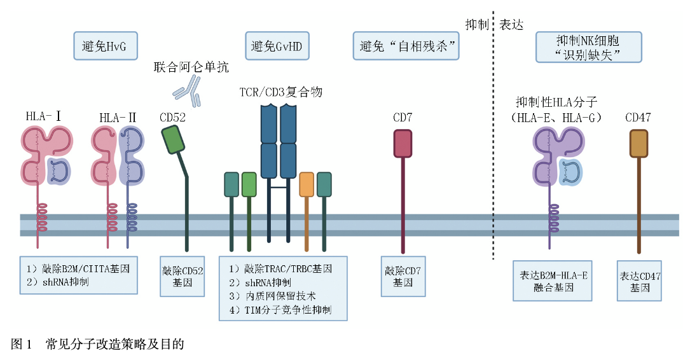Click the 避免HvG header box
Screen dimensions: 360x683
click(106, 46)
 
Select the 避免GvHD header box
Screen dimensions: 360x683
click(277, 46)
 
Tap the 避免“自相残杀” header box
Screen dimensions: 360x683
click(405, 46)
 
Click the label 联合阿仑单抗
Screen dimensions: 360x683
click(191, 67)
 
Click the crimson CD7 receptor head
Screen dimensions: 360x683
click(403, 143)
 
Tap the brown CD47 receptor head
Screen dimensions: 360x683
click(638, 143)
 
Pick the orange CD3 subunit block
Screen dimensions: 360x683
click(307, 183)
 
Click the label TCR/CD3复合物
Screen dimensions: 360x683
click(280, 92)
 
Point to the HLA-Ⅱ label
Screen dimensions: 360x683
click(118, 118)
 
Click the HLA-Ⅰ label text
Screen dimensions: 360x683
click(43, 116)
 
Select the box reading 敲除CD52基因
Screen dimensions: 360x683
click(183, 276)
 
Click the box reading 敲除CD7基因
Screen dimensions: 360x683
click(403, 276)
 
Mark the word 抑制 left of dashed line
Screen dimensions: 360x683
click(477, 25)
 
